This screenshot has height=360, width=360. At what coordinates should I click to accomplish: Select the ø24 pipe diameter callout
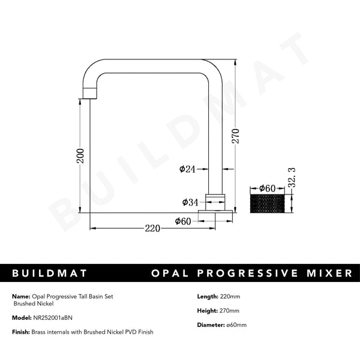(188, 170)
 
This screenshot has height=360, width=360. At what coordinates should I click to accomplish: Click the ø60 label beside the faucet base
(183, 221)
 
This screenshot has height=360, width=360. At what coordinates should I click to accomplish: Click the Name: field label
(20, 296)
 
